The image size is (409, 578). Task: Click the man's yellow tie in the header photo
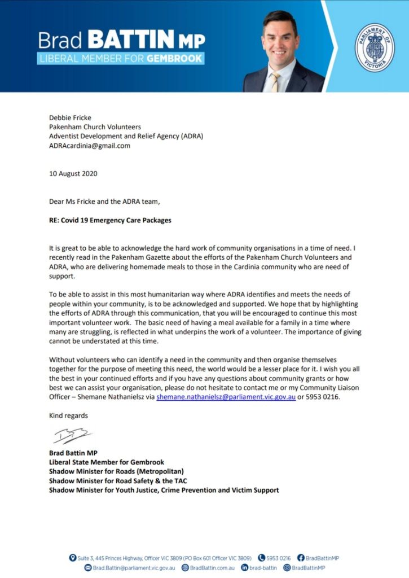click(275, 81)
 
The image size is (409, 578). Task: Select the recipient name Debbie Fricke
click(70, 118)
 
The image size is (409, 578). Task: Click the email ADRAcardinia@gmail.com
click(89, 146)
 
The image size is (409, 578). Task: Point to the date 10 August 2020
click(73, 173)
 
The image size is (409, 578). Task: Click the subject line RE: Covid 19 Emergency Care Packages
click(110, 220)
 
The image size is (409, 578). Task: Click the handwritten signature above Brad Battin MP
click(71, 436)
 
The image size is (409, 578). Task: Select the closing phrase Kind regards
click(68, 415)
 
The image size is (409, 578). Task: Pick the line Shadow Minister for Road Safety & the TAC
click(117, 480)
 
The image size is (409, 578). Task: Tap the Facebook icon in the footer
click(301, 558)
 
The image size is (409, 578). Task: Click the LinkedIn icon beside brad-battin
click(245, 567)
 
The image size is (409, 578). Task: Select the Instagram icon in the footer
click(287, 567)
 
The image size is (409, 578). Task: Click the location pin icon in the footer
click(73, 558)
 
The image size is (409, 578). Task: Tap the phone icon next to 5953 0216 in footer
click(262, 558)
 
